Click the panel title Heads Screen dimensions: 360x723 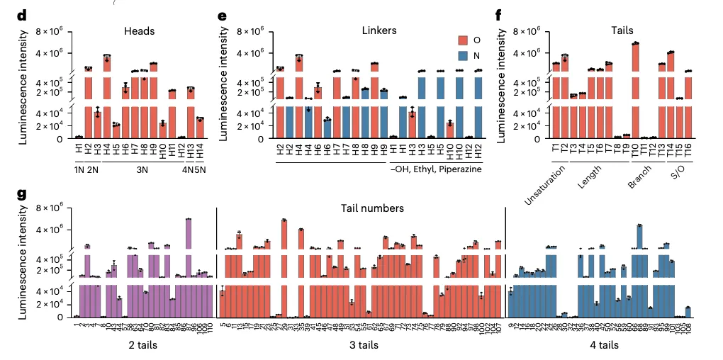point(139,31)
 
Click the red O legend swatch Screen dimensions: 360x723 point(462,41)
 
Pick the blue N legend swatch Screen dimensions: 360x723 point(462,54)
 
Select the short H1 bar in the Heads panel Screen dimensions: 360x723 point(79,137)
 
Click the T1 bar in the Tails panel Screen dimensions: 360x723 point(556,99)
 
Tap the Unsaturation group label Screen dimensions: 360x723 point(547,186)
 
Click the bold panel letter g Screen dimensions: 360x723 point(23,193)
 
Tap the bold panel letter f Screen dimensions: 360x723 point(519,15)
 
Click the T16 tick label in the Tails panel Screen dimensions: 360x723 point(688,151)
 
